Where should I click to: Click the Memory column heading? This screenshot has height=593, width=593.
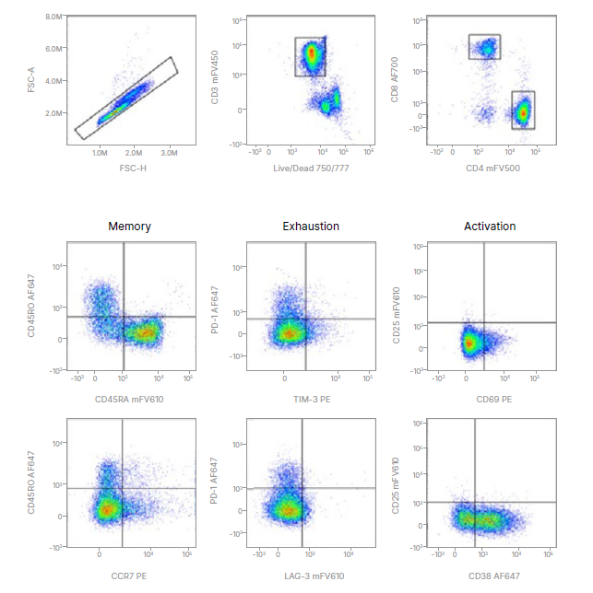click(129, 227)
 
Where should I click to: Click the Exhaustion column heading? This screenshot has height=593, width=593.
click(311, 227)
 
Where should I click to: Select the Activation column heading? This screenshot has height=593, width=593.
click(490, 227)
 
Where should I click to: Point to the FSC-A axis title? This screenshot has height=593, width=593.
click(31, 81)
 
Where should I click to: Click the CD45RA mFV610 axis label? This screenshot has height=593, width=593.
click(129, 400)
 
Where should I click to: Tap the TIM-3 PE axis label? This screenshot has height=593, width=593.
click(310, 400)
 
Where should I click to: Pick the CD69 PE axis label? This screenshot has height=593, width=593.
click(490, 400)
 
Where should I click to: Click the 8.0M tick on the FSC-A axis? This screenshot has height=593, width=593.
click(53, 17)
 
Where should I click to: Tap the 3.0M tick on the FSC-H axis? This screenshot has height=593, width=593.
click(171, 153)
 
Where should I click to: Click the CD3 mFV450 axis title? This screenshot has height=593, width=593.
click(215, 81)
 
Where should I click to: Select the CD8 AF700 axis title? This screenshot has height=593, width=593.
click(395, 81)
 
